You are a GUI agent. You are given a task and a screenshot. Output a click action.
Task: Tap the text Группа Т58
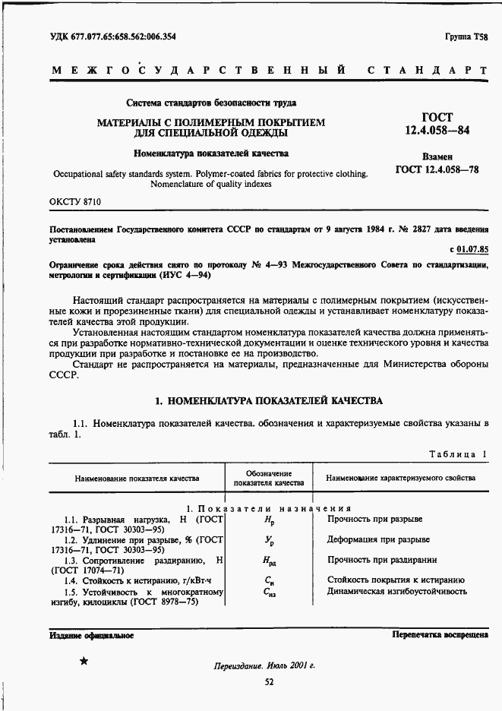click(466, 36)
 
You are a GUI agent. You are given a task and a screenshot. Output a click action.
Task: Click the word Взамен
click(437, 156)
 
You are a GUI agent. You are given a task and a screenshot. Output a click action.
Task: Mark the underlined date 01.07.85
click(473, 248)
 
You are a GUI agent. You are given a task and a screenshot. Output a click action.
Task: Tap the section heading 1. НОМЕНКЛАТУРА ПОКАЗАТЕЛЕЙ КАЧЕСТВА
click(268, 400)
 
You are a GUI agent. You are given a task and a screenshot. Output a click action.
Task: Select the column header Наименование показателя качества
click(137, 479)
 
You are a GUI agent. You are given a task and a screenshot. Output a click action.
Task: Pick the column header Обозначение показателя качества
click(268, 478)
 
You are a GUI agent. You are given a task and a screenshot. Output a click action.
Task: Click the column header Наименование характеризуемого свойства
click(400, 479)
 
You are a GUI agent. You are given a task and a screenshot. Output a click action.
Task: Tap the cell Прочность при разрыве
click(374, 520)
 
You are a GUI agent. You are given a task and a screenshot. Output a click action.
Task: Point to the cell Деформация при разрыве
click(377, 539)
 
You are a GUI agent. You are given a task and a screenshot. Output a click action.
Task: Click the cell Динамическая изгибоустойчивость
click(396, 591)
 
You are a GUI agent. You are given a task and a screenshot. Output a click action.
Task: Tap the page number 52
click(268, 682)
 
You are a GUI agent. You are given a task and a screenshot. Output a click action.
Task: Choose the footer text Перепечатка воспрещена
click(440, 635)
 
